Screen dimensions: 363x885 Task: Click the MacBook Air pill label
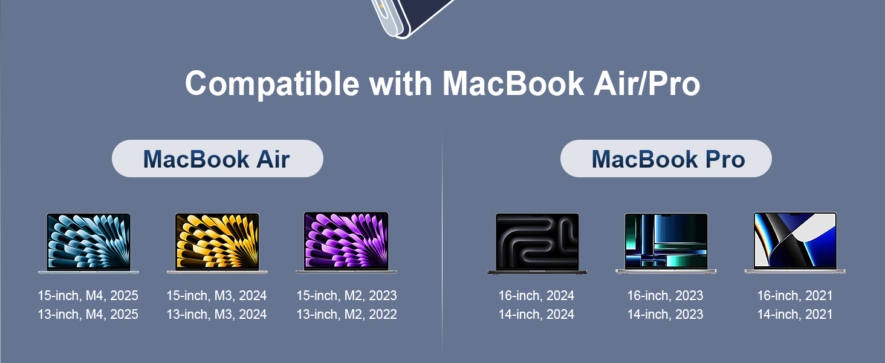[217, 159]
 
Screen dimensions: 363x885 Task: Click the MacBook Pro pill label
[666, 159]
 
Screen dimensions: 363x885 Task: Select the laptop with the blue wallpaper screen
[88, 243]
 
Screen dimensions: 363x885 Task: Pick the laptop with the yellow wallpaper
[217, 243]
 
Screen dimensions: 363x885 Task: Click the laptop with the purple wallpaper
[346, 243]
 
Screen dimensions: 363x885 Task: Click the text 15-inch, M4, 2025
[88, 296]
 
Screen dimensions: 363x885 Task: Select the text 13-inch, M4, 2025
[88, 315]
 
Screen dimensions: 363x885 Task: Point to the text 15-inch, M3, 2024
[217, 296]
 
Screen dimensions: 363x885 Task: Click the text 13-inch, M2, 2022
[346, 315]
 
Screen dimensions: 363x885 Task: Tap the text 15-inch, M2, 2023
[346, 296]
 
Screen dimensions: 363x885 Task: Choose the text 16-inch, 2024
[536, 296]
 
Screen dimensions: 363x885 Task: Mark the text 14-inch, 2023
[665, 315]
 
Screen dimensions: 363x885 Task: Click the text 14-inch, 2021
[795, 315]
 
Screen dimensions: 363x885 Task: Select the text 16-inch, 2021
[795, 296]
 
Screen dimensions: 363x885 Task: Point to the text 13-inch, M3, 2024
[217, 315]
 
